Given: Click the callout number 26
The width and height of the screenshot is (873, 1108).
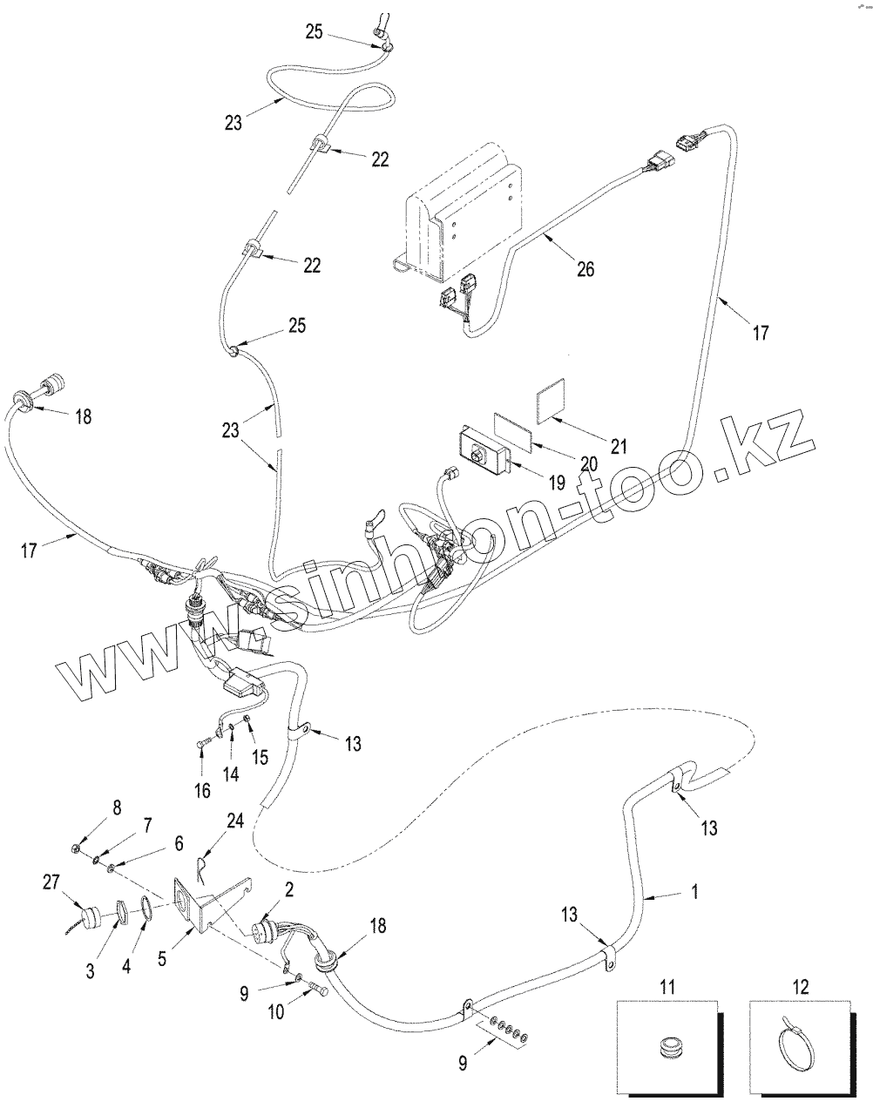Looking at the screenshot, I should pyautogui.click(x=585, y=269).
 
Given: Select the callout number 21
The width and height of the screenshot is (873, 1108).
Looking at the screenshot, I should pyautogui.click(x=618, y=447).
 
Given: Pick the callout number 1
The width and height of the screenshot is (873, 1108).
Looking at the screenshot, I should pyautogui.click(x=694, y=892).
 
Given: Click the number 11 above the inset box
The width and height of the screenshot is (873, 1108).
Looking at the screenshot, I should pyautogui.click(x=667, y=987).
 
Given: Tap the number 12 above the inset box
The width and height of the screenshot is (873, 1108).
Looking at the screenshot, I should pyautogui.click(x=801, y=987).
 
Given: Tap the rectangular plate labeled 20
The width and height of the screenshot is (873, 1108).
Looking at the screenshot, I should pyautogui.click(x=513, y=429).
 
